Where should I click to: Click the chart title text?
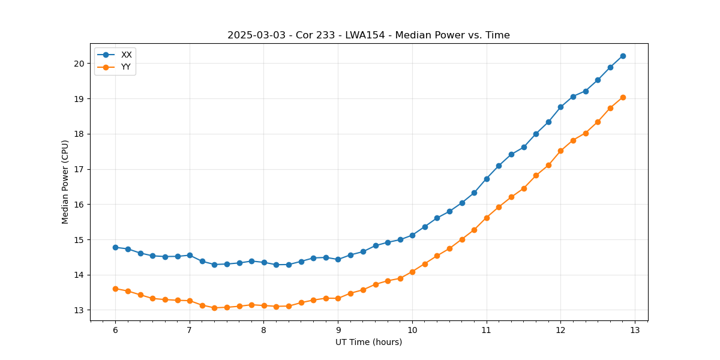coord(368,35)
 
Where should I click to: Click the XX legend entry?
coord(126,55)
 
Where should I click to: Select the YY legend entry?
coord(126,67)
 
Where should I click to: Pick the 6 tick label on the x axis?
coord(115,330)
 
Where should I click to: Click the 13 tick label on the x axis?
coord(635,330)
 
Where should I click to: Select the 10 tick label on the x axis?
coord(412,330)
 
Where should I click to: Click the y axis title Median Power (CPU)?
coord(65,182)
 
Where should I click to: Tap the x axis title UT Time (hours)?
coord(368,342)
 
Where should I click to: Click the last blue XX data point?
coord(623,56)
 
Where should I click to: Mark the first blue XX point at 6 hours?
coord(115,247)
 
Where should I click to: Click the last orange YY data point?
coord(623,97)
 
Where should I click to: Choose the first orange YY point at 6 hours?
coord(115,289)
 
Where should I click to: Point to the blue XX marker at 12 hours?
coord(560,107)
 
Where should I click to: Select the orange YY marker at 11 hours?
coord(487,218)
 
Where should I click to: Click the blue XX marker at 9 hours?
coord(338,259)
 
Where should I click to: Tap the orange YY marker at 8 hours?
coord(264,305)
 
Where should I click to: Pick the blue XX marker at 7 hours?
coord(190,255)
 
